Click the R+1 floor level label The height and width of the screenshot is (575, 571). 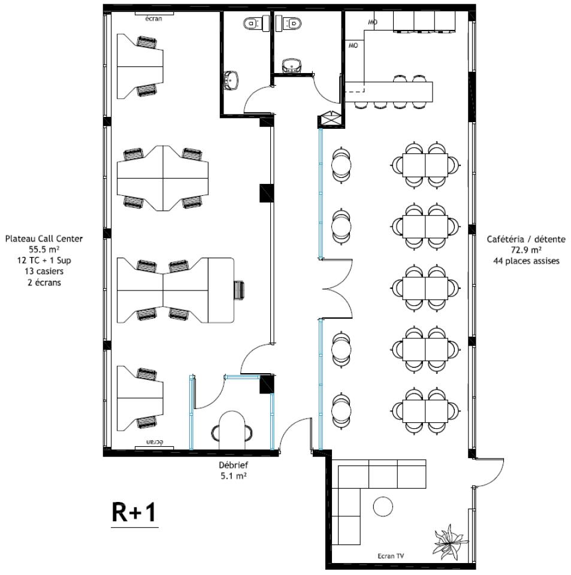[135, 513]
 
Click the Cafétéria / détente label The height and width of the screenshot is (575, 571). [525, 239]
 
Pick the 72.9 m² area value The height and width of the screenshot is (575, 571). [525, 250]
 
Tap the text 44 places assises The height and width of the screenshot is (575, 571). [525, 261]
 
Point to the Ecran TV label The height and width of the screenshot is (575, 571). [391, 556]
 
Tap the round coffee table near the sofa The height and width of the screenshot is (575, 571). [383, 506]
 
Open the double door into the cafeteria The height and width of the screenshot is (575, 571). [337, 289]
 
